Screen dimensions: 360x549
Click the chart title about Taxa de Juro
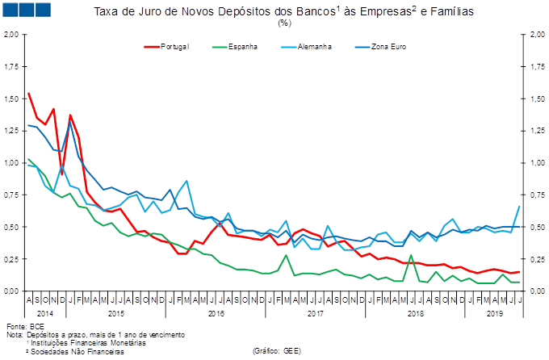[x=283, y=11]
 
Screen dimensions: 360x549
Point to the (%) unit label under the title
[x=283, y=23]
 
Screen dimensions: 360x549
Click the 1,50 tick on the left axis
[x=11, y=98]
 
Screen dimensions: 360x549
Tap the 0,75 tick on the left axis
[x=11, y=195]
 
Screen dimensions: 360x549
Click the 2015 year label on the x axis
[x=115, y=312]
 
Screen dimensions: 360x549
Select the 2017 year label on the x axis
[x=316, y=312]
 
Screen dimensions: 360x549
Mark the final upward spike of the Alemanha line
[x=518, y=207]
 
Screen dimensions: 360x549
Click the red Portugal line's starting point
[x=28, y=93]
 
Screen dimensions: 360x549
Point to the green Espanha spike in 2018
[x=411, y=256]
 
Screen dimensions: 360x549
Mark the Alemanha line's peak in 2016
[x=186, y=181]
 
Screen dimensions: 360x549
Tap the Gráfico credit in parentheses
[x=277, y=351]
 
